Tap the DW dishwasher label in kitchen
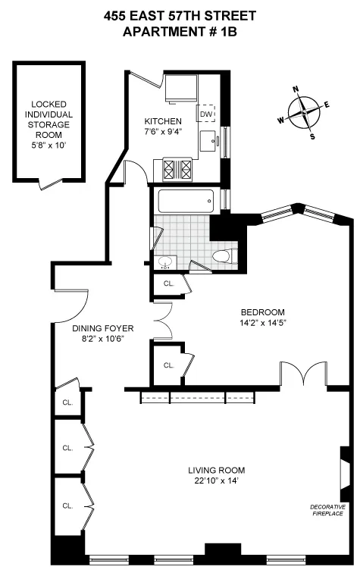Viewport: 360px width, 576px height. pos(205,114)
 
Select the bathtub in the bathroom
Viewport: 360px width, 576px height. pos(186,202)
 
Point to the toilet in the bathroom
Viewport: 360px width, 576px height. pos(223,257)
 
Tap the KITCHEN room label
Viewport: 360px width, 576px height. pos(163,121)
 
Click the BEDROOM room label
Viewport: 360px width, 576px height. pos(262,312)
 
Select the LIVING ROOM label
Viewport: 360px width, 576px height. pos(217,470)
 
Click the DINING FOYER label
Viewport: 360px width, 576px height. pos(103,328)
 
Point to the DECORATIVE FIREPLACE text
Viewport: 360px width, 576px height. pos(327,510)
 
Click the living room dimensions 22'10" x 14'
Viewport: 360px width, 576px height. pos(217,481)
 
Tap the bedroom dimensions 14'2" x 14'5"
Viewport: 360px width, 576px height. pos(262,323)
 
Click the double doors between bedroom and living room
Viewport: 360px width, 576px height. pos(303,374)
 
